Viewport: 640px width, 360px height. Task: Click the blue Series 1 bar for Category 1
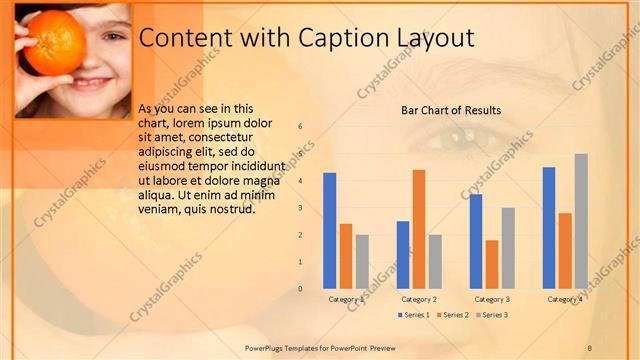(x=330, y=231)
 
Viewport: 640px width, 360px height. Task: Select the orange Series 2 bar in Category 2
(x=418, y=229)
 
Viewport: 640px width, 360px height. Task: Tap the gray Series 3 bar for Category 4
(x=581, y=221)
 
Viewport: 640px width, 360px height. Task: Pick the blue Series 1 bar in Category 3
(x=476, y=241)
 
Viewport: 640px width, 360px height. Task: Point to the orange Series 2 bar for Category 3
(x=491, y=264)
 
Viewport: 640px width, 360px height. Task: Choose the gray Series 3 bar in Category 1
(x=362, y=261)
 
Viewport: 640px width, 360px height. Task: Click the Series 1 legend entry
(x=414, y=315)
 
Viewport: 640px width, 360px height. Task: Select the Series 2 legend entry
(x=453, y=315)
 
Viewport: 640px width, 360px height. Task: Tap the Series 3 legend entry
(x=491, y=315)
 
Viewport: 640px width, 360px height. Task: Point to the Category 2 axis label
(x=419, y=299)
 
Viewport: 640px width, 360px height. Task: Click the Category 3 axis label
(x=492, y=299)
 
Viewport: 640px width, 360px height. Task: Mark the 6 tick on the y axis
(x=301, y=127)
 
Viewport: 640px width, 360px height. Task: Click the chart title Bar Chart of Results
(x=451, y=110)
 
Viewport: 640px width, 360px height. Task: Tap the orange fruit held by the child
(x=55, y=42)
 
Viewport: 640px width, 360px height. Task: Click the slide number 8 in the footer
(x=590, y=347)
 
